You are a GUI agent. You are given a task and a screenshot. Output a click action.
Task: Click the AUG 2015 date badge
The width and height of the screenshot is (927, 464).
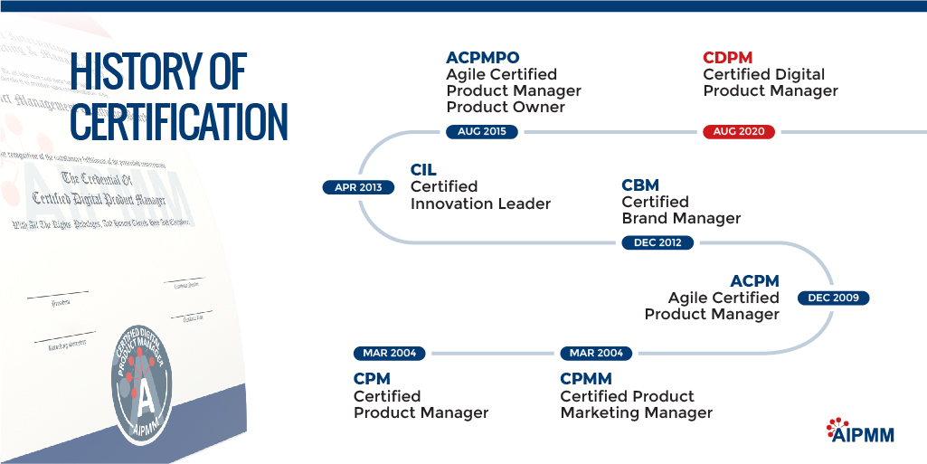pos(482,132)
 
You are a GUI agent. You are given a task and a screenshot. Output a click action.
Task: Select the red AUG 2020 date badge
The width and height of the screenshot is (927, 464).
pos(739,132)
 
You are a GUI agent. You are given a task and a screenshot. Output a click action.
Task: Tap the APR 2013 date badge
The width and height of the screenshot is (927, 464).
pos(358,188)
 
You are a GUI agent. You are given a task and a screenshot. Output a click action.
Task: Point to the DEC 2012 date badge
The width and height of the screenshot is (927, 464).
pos(657,242)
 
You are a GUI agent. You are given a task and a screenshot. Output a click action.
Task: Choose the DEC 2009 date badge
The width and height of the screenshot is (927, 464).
pos(833,298)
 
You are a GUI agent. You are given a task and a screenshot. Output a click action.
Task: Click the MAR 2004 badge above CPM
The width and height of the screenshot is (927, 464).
pos(390,353)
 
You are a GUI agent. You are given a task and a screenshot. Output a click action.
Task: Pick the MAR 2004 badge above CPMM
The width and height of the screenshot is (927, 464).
pos(597,353)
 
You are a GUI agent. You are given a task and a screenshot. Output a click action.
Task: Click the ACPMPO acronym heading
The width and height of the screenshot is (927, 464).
pos(483,58)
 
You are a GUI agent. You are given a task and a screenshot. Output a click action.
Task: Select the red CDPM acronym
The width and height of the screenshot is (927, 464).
pos(728,58)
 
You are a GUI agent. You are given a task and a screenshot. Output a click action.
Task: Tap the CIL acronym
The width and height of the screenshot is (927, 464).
pos(424,170)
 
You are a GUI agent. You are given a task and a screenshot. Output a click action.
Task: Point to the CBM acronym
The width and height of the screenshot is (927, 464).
pos(640,185)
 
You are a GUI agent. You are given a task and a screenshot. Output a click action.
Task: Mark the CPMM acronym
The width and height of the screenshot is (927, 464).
pos(586,379)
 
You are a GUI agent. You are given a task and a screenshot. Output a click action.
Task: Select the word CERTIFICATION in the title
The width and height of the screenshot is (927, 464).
pos(179,122)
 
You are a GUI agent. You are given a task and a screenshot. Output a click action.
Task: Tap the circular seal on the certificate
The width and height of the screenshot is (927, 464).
pos(146,381)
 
